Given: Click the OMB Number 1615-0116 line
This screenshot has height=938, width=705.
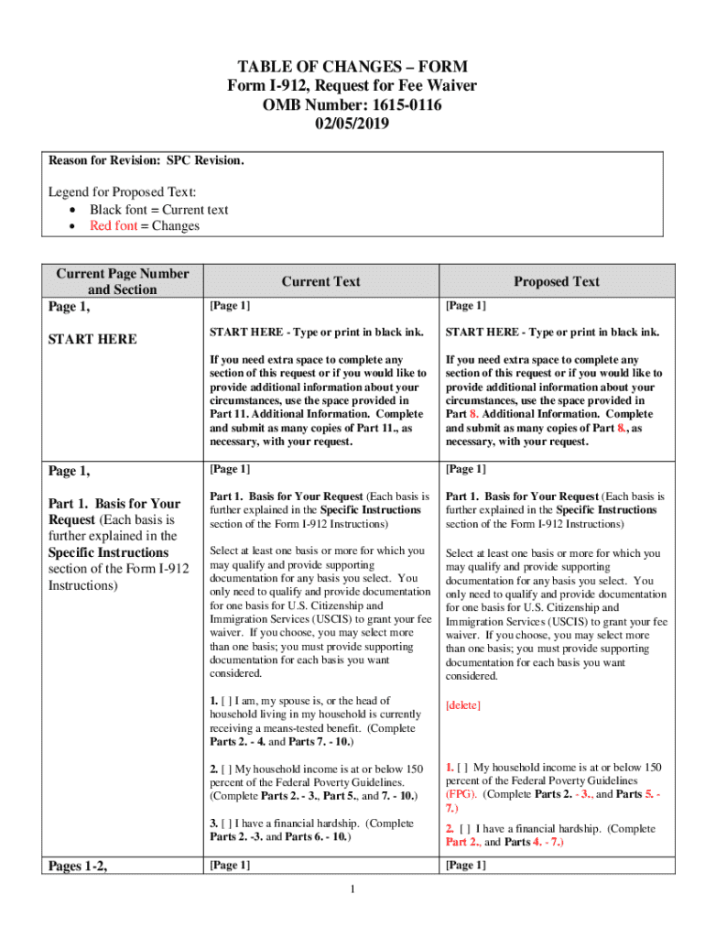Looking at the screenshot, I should [352, 105].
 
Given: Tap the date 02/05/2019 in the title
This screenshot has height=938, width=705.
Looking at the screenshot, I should [352, 125].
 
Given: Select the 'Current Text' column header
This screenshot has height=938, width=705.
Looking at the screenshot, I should [320, 282].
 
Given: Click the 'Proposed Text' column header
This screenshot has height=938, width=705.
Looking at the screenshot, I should [556, 282].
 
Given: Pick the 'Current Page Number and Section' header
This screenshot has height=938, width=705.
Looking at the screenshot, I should [123, 281].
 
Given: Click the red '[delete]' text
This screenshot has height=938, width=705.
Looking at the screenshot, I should [462, 705].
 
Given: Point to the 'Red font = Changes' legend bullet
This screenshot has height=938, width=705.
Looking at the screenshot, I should [144, 226].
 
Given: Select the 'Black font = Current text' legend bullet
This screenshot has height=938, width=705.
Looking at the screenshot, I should [158, 210].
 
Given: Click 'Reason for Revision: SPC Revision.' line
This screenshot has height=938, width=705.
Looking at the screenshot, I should [146, 160].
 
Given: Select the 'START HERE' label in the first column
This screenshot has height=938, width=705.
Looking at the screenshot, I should [92, 339].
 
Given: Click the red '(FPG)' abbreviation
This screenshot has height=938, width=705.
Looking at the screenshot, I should [461, 795].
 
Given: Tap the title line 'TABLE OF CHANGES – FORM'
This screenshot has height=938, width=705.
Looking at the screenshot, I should [352, 67].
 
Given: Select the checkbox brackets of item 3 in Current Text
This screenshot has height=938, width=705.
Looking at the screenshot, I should [227, 823].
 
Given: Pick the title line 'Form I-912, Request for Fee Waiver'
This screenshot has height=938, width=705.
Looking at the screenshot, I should [352, 86].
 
